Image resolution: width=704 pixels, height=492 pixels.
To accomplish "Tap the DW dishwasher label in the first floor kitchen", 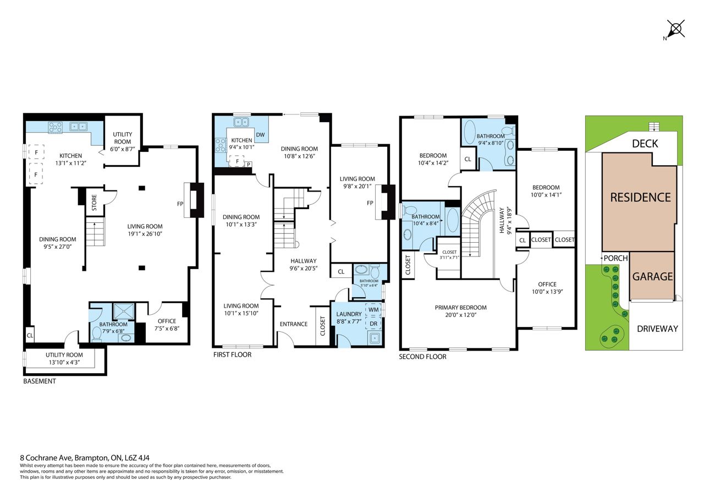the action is coord(260,135).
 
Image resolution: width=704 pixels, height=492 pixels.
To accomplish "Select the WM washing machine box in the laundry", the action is coord(373,310).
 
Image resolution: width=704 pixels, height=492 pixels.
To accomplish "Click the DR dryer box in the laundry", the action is coord(373,324).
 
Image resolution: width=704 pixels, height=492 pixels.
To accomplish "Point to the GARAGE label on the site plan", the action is coord(652,276).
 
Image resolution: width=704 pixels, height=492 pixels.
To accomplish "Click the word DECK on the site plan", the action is coord(645,144).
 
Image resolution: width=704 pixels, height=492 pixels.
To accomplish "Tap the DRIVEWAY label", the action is coord(657,329).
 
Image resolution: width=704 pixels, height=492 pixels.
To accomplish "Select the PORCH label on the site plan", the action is coord(615,258).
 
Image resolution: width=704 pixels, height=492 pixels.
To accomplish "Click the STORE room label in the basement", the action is coord(94,203).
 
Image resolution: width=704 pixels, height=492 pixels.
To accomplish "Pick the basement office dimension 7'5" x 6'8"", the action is coord(167,329).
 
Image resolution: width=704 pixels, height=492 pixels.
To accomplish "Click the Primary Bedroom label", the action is coord(461,308).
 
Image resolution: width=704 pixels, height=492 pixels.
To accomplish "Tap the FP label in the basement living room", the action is coord(180,204).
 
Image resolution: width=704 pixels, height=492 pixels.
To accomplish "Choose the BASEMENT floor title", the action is coord(40,381).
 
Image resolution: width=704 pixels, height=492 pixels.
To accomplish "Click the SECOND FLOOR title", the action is coord(423,357).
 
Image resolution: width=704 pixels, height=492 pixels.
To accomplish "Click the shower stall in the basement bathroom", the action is coord(124,311).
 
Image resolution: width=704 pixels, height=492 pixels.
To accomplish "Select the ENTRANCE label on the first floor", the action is coord(294,324).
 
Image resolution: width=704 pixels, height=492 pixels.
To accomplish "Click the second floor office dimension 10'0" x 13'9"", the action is coord(547,292).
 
